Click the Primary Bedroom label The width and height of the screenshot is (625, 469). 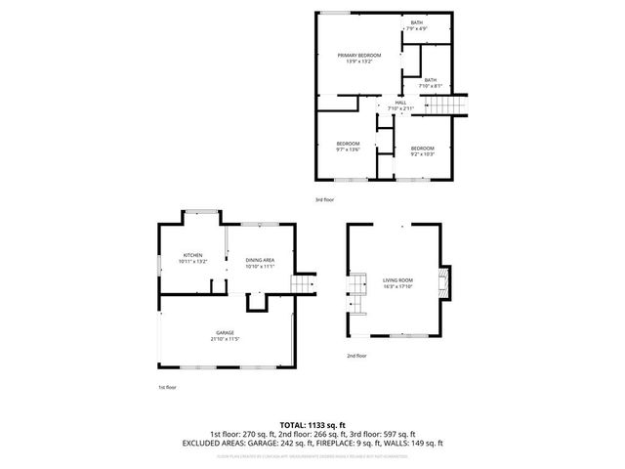(358, 56)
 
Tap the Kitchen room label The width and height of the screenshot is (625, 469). (191, 256)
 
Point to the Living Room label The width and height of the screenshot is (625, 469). (398, 280)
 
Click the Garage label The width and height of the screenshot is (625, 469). (225, 333)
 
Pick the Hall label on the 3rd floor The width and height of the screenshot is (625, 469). (400, 102)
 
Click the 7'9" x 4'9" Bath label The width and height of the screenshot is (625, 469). (417, 24)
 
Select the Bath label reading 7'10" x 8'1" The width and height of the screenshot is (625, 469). (430, 80)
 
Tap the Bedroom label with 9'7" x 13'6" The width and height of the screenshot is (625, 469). (349, 144)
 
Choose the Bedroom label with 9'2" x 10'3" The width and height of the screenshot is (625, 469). (423, 148)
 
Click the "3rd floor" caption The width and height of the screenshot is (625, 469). (324, 199)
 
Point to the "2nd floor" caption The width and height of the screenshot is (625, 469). (356, 356)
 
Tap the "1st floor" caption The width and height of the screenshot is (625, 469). (168, 387)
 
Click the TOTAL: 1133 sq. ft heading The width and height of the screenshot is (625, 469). (312, 425)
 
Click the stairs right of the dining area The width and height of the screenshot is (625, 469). (305, 283)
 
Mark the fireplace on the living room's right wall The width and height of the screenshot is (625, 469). (447, 283)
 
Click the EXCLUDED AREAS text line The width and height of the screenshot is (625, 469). (312, 442)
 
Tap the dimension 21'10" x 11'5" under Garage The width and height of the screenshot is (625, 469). (225, 339)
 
